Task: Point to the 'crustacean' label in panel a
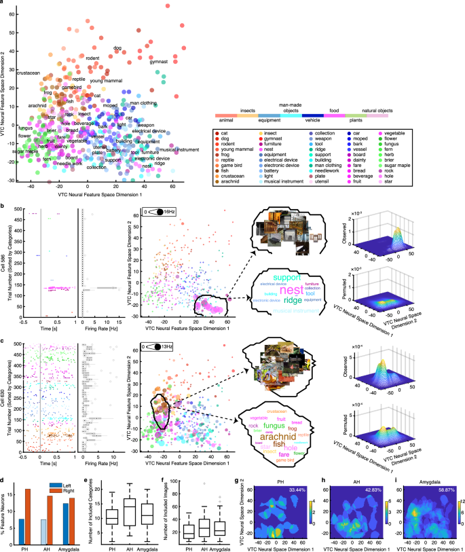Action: point(29,73)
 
